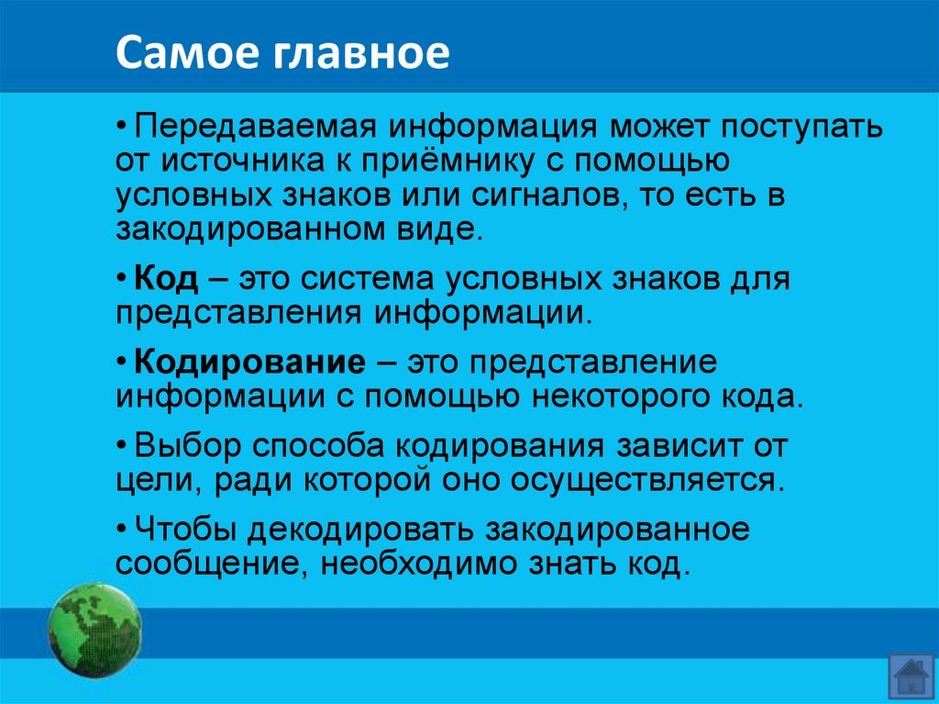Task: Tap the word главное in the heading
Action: coord(361,54)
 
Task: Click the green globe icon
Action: coord(94,631)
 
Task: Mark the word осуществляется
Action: coord(627,479)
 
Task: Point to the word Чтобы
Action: coord(179,530)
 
